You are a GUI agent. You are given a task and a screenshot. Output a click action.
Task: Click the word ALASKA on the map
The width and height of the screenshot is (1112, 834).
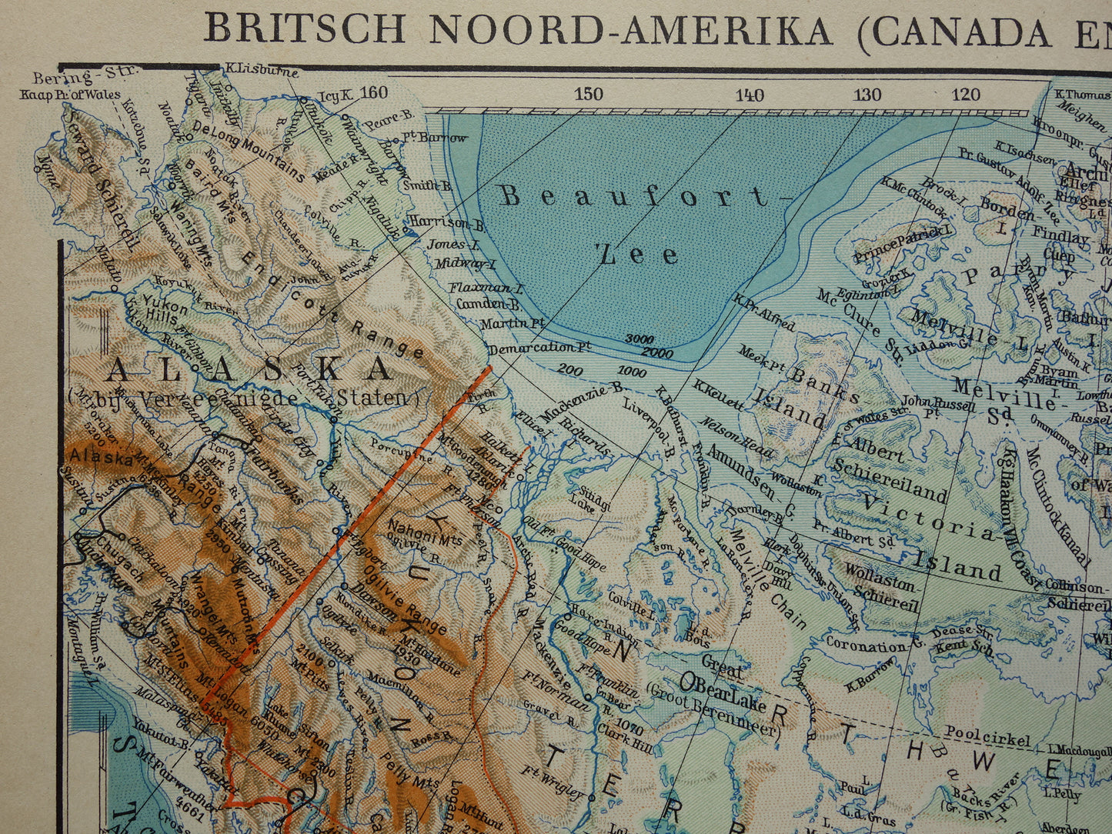tap(249, 370)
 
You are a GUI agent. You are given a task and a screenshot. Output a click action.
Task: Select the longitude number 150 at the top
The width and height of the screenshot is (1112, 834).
tap(588, 95)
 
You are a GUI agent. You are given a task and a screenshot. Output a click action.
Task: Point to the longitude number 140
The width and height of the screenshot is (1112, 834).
tap(749, 95)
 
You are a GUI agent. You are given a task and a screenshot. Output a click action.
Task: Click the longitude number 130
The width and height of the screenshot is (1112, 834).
tap(867, 95)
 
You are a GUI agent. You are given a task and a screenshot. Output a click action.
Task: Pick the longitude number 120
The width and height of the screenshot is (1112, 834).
tap(965, 95)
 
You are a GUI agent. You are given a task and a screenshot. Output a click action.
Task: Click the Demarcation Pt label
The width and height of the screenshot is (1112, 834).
tap(540, 347)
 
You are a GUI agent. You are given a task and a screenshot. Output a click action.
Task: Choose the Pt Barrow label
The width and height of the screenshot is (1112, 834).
tap(434, 138)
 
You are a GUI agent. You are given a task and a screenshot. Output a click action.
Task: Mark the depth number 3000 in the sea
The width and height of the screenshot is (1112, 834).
tap(639, 339)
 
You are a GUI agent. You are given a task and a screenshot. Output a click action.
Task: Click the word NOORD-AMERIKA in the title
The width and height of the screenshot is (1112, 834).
tap(630, 31)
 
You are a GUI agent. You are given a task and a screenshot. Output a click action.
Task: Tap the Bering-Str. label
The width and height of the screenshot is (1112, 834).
tap(85, 76)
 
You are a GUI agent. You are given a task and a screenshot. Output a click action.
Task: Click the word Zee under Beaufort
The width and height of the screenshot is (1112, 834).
tap(639, 253)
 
